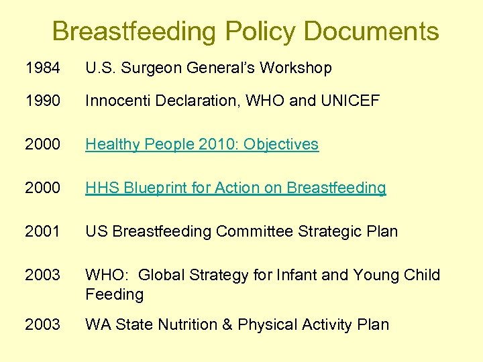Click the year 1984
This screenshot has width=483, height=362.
coord(42,68)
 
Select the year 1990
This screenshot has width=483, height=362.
coord(42,101)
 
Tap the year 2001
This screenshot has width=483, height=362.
coord(42,231)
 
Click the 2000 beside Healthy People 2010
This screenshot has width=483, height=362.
coord(42,144)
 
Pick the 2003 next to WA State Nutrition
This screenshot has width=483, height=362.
coord(42,324)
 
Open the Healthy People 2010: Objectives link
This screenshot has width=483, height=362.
coord(202,144)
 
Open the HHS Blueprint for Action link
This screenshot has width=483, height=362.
coord(235,188)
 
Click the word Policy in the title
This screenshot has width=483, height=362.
coord(260,31)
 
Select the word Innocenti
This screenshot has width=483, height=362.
coord(116,101)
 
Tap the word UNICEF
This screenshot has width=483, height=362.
coord(350,101)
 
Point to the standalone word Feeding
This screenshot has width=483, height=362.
coord(114,294)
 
